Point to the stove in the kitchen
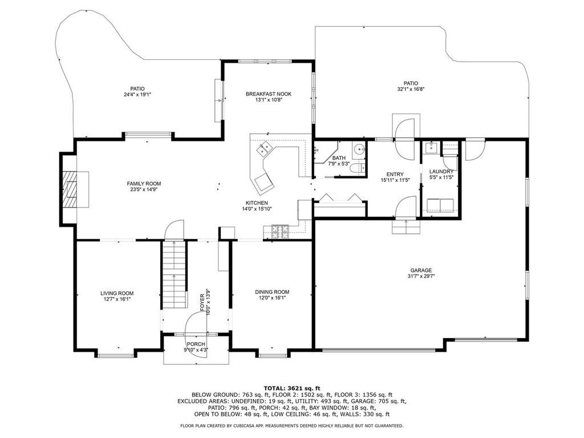[280, 231]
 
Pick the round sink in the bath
[359, 150]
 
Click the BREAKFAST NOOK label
[269, 94]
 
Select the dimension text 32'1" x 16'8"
[411, 89]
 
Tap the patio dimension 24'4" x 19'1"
[137, 95]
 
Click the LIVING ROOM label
[117, 293]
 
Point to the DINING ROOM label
[272, 291]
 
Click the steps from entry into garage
[405, 227]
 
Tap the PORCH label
[196, 344]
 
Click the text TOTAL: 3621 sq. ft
[291, 388]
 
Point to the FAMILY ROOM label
[144, 184]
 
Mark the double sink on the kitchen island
[264, 150]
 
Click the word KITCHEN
[257, 202]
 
